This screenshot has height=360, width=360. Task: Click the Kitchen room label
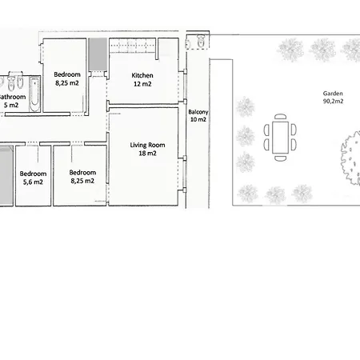(x=142, y=76)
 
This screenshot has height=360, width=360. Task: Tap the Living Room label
(x=147, y=145)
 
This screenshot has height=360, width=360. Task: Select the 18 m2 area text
(x=147, y=153)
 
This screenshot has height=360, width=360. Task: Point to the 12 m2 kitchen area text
(x=142, y=84)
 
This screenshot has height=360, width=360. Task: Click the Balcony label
(x=198, y=112)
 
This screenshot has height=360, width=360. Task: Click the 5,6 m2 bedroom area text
(x=32, y=182)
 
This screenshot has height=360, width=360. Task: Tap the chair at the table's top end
(x=280, y=118)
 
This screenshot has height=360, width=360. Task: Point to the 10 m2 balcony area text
(x=198, y=120)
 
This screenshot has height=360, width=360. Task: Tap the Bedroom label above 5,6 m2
(x=32, y=174)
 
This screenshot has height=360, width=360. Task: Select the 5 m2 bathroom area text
(x=11, y=105)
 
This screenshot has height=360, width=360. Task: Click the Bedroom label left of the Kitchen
(x=66, y=74)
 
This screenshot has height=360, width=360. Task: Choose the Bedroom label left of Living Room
(x=82, y=173)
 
